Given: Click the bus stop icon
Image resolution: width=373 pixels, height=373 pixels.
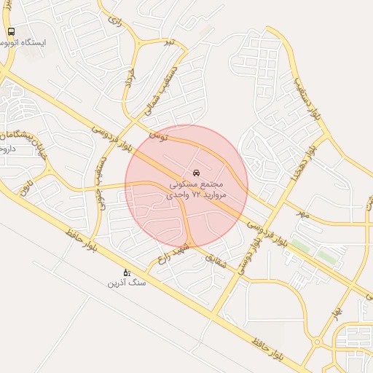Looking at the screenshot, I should tap(11, 32).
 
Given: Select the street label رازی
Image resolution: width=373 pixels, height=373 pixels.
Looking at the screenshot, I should tap(113, 21).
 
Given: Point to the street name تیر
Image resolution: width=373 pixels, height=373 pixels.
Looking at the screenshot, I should tap(169, 42).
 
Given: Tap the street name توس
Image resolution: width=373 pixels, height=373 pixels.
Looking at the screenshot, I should tap(159, 136).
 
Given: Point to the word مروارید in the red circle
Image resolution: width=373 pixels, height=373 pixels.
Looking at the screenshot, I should tap(213, 196).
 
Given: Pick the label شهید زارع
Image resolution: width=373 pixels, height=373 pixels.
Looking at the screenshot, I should tap(175, 253).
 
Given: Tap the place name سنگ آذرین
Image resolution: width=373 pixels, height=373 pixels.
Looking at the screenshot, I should tap(127, 282).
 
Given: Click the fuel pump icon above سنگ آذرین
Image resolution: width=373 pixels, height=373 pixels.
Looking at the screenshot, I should tap(126, 272).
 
